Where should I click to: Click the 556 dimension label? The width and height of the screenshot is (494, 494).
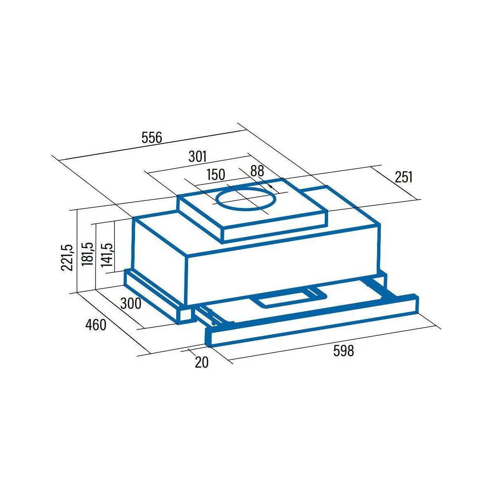click(152, 137)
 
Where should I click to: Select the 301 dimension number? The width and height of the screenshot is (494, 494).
click(197, 156)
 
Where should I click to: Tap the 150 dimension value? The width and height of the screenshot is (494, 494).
click(216, 175)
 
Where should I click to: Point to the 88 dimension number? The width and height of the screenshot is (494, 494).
click(257, 171)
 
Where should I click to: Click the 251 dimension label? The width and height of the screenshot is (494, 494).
click(403, 177)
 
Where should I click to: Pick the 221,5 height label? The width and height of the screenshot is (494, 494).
click(67, 257)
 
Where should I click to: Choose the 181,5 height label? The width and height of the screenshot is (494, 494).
click(87, 254)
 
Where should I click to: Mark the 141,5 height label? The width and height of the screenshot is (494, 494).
click(107, 255)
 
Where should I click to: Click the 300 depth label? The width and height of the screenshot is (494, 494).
click(131, 303)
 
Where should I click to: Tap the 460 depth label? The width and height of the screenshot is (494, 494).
click(96, 325)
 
